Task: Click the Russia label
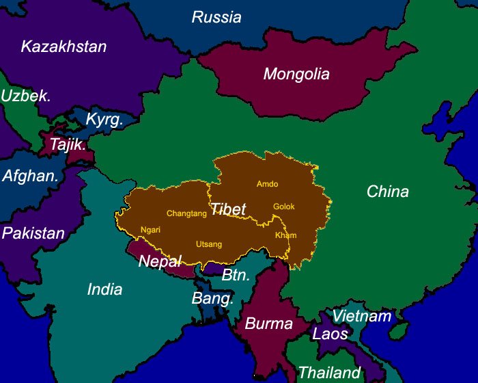[x=216, y=17]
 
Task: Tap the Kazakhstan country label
[x=64, y=47]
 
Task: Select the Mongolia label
[x=296, y=74]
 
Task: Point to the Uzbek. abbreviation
[x=26, y=96]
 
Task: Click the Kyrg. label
[x=104, y=120]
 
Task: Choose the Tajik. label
[x=68, y=144]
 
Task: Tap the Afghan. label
[x=30, y=176]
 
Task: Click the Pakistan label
[x=33, y=233]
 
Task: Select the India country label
[x=104, y=289]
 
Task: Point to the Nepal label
[x=160, y=261]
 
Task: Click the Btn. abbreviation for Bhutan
[x=236, y=275]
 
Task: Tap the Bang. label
[x=212, y=299]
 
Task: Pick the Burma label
[x=268, y=323]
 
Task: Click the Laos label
[x=330, y=334]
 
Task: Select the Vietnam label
[x=361, y=316]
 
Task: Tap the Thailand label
[x=328, y=373]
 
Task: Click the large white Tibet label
[x=228, y=209]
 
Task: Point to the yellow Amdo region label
[x=267, y=184]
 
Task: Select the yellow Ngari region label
[x=150, y=230]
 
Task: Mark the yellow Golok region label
[x=284, y=206]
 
